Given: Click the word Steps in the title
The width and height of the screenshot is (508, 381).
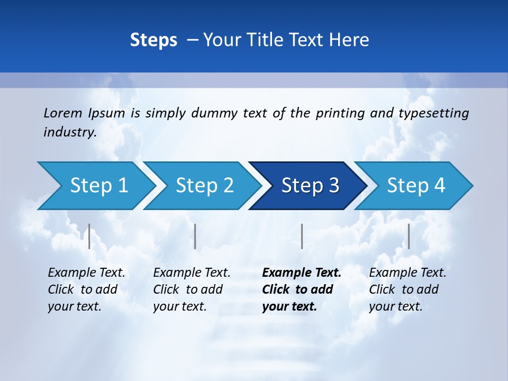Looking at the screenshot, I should click(x=153, y=40).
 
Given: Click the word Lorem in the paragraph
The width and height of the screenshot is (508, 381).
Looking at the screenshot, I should click(x=62, y=113).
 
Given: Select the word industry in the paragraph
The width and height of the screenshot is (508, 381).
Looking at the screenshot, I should click(x=69, y=132).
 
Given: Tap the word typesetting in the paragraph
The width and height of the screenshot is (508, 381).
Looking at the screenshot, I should click(x=433, y=113).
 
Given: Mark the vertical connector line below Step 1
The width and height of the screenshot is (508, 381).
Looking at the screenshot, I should click(x=89, y=236).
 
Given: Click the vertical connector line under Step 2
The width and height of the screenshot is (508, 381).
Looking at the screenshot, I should click(x=195, y=236).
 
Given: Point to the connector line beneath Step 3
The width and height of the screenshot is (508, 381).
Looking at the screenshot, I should click(x=302, y=236).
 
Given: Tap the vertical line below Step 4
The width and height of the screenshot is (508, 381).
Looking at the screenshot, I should click(x=409, y=236).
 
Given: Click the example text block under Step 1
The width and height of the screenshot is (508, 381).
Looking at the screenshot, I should click(x=86, y=289).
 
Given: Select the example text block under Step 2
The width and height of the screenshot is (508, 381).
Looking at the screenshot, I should click(x=192, y=289).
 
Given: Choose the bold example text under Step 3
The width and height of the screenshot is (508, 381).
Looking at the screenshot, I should click(x=302, y=289).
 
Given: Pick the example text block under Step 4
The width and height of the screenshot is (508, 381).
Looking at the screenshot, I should click(x=407, y=289).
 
